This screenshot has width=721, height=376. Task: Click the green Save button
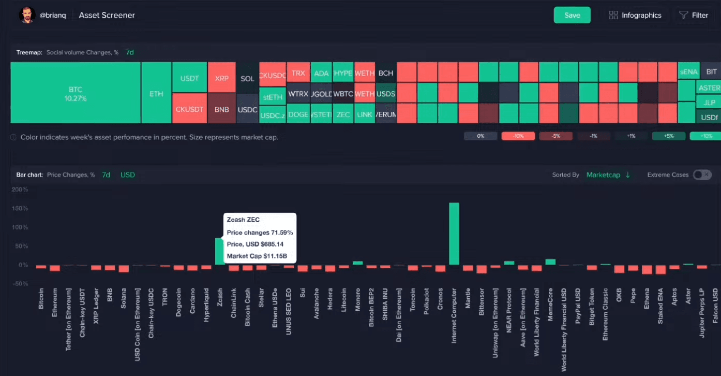point(572,15)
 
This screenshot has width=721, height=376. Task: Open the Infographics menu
point(635,15)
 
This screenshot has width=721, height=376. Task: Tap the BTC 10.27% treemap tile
point(76,93)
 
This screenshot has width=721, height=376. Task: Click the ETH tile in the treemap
point(156,93)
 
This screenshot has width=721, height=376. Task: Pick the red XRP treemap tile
point(222,78)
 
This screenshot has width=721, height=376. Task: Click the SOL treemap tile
point(247,78)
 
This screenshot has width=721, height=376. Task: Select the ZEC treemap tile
point(343,114)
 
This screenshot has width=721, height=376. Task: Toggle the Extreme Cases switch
point(702,175)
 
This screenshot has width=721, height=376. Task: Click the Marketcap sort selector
point(608,175)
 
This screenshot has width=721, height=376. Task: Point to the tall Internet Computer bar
point(454,233)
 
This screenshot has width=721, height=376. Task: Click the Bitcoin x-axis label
point(41,299)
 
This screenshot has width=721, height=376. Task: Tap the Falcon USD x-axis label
point(715,306)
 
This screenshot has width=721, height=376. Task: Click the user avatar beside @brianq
point(27,15)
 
